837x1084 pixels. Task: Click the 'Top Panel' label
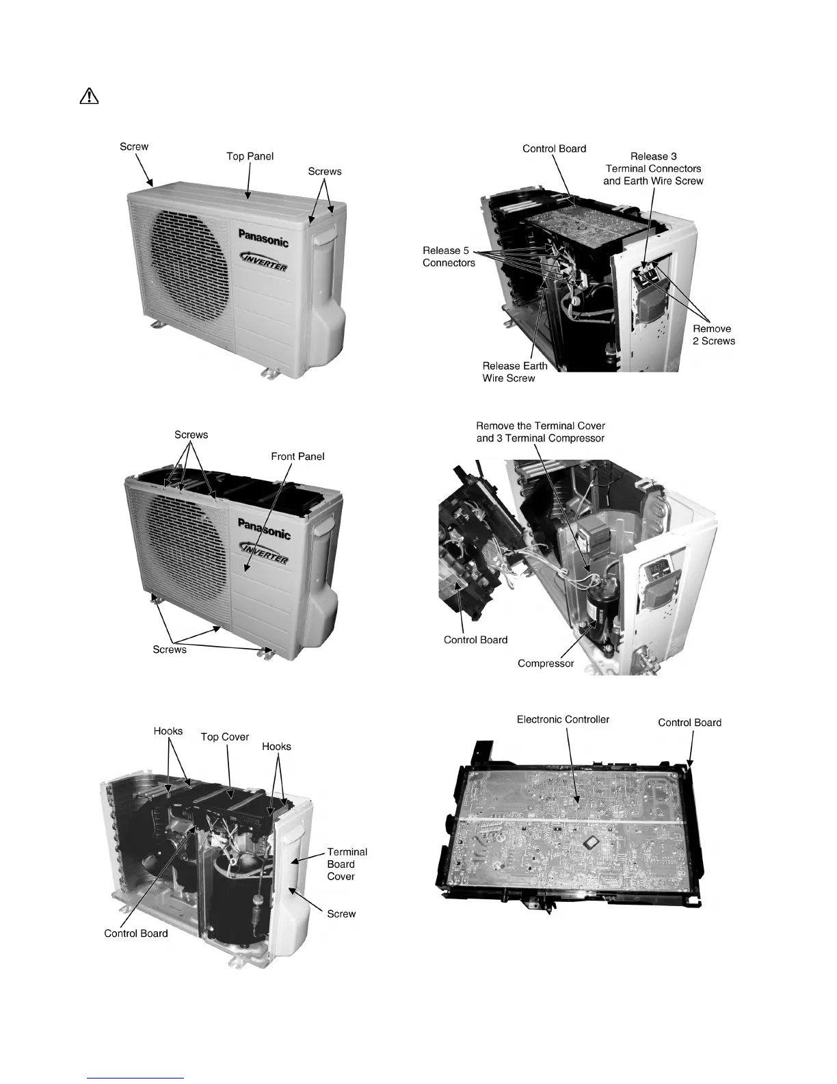point(250,157)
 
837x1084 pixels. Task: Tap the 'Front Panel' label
point(297,456)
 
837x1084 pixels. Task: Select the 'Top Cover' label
point(224,737)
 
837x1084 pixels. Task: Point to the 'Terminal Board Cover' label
point(347,864)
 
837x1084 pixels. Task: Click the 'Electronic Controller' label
point(563,719)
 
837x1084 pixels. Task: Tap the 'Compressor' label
point(545,663)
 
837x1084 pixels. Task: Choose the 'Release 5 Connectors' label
point(449,257)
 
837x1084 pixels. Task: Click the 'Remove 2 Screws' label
point(713,335)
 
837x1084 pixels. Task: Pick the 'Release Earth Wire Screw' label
point(514,372)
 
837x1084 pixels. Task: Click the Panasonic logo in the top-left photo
point(263,237)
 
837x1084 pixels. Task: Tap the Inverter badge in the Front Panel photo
point(264,553)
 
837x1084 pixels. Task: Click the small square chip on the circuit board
point(587,844)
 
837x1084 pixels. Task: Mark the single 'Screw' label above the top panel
point(134,146)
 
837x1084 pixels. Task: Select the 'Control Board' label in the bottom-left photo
point(135,933)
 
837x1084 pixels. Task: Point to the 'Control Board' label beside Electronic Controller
point(689,723)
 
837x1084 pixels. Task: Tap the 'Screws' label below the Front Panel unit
point(170,649)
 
